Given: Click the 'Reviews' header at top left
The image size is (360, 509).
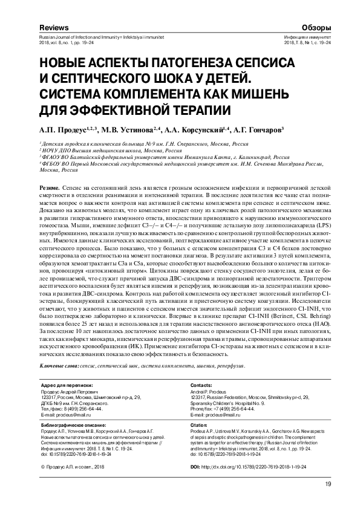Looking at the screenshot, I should pos(54,28).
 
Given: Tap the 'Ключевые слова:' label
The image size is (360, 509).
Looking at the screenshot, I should pos(59,368).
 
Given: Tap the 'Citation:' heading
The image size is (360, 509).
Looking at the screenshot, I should pos(200,425).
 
